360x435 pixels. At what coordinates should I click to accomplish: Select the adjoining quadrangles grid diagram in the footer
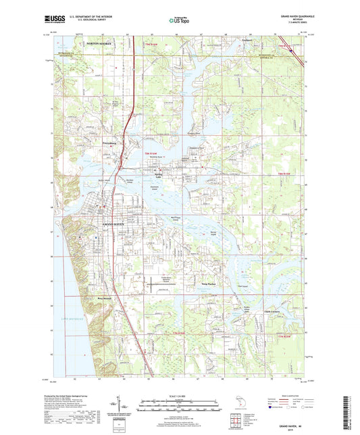(234, 417)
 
